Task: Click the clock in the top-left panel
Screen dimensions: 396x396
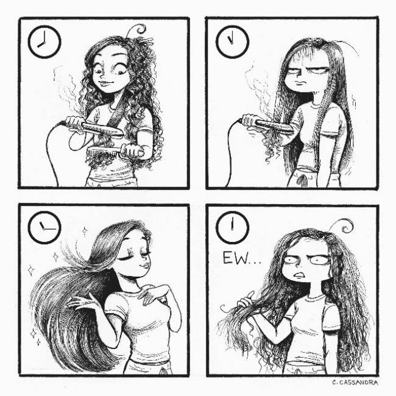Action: (x=44, y=42)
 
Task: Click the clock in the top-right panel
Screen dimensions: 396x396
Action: (x=232, y=42)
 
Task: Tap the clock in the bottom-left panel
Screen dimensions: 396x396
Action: (x=44, y=228)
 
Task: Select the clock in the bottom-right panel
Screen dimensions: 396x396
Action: (x=232, y=228)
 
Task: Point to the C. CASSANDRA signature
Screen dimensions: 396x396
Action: (x=355, y=383)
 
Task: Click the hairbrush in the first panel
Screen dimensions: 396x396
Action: (x=115, y=152)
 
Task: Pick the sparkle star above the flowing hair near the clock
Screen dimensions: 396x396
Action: (x=85, y=230)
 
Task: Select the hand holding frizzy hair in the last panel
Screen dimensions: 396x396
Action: (x=246, y=300)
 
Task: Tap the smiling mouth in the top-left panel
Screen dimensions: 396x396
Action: (x=104, y=83)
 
